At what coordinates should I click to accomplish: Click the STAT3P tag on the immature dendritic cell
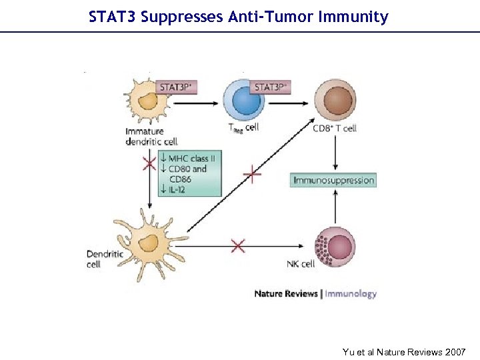[177, 87]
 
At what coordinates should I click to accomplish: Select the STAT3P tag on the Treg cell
[271, 87]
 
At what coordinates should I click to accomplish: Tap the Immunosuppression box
[334, 180]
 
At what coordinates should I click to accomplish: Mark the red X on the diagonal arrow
[252, 175]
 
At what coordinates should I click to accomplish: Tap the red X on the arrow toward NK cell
[238, 246]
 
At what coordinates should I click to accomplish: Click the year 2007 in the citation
[454, 351]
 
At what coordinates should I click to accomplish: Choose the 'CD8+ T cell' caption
[335, 127]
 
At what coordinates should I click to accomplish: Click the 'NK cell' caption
[301, 264]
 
